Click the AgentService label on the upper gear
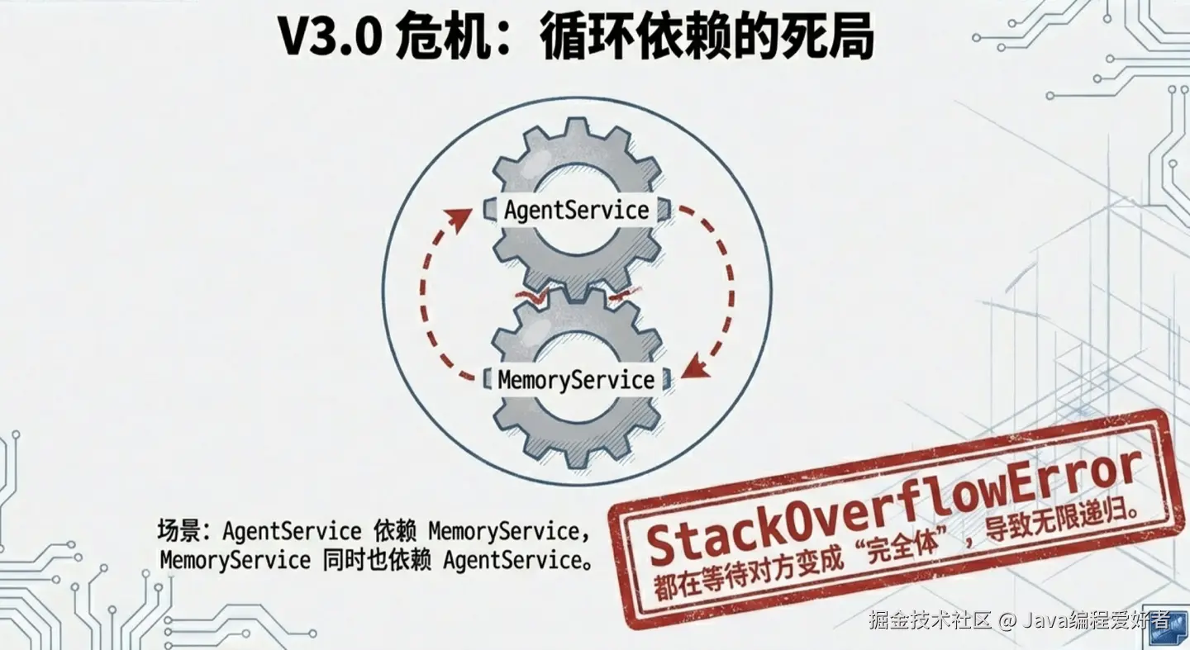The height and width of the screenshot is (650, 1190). coord(576,210)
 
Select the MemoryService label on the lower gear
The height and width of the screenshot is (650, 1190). coord(576,380)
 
